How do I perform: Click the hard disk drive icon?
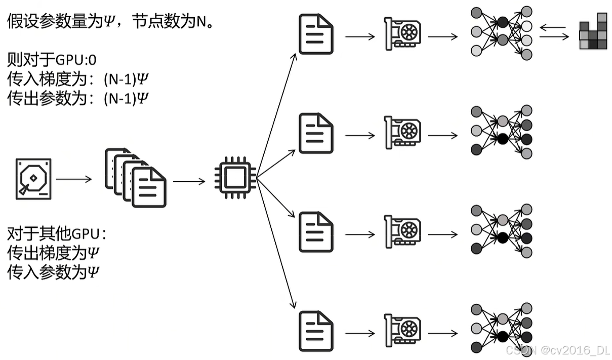click(33, 179)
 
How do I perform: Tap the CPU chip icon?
click(234, 178)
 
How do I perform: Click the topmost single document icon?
click(316, 34)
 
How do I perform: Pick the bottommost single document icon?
click(316, 331)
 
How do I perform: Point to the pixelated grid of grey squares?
click(593, 32)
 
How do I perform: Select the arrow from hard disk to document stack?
click(74, 179)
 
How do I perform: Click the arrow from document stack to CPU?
click(189, 181)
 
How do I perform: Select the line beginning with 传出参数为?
click(78, 97)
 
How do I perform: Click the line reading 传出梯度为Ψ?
click(53, 253)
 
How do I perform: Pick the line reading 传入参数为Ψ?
click(53, 271)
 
